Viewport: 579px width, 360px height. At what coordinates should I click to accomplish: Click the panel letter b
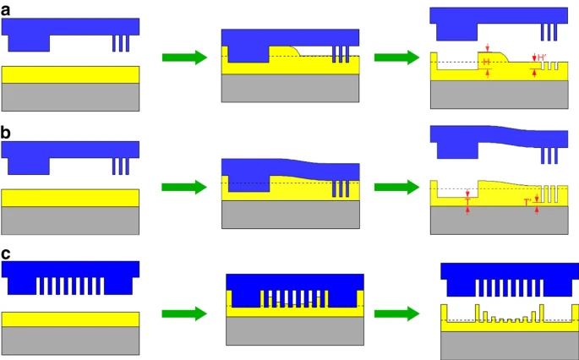[7, 133]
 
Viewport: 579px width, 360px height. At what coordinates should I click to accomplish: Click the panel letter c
[7, 253]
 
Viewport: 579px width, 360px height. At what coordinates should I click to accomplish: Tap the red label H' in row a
[542, 57]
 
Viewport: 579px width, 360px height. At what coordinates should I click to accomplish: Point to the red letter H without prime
[486, 63]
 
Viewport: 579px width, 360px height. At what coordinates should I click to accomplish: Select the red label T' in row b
[527, 202]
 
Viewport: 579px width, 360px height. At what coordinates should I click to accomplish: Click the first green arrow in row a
[184, 57]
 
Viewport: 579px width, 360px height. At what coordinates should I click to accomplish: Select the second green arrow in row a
[396, 57]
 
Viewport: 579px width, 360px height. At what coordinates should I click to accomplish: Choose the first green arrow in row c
[184, 314]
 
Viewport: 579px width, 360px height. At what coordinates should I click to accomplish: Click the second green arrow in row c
[396, 314]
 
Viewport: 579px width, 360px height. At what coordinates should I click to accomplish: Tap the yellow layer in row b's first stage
[70, 197]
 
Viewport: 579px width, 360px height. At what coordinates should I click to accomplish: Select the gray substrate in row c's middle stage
[296, 330]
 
